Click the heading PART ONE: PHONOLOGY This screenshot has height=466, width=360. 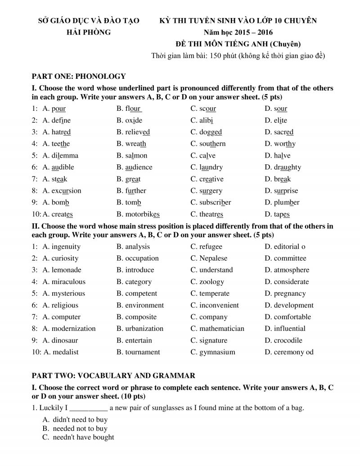coord(79,76)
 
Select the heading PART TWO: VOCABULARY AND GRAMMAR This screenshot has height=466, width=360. coord(113,375)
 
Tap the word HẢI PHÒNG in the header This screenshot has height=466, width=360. coord(85,32)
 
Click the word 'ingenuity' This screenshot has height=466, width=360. coord(66,246)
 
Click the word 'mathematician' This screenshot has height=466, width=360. coord(222,328)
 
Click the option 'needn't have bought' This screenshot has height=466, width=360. coord(83,437)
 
